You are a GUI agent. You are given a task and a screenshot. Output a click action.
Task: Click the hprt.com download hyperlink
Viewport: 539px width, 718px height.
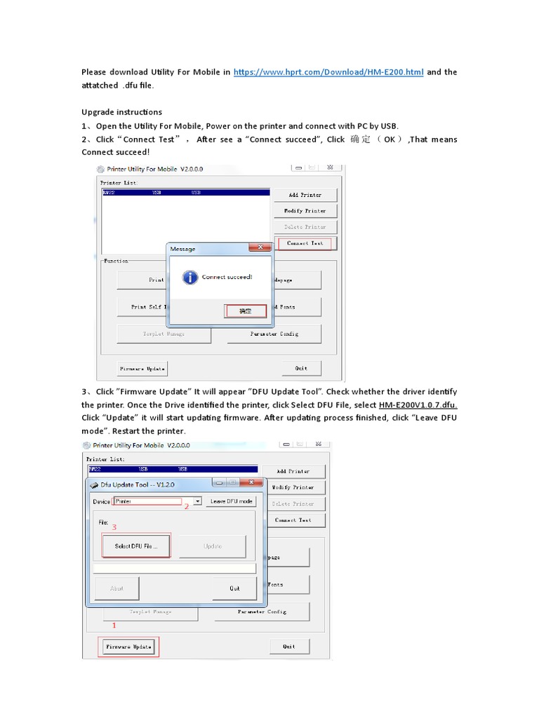[328, 72]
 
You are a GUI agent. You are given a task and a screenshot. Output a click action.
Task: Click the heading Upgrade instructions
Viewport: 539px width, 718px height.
[121, 112]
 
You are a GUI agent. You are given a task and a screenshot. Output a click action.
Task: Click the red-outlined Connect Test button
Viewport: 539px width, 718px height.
[305, 243]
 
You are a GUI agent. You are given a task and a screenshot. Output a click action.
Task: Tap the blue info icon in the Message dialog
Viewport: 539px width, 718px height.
[189, 278]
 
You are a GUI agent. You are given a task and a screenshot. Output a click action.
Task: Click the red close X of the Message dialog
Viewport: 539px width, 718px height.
[261, 248]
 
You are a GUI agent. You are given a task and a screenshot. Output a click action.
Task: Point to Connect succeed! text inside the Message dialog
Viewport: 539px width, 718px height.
[227, 278]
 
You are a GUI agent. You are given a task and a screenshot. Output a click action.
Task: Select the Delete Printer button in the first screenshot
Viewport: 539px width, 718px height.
[305, 227]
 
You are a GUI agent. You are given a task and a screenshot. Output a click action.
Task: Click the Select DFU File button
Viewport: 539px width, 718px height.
[136, 546]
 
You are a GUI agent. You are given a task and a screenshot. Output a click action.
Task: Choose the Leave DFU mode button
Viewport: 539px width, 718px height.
[232, 501]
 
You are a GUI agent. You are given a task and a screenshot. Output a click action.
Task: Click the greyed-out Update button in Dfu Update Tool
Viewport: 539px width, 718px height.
[212, 546]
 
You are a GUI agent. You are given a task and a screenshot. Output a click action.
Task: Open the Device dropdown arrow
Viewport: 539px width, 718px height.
[198, 501]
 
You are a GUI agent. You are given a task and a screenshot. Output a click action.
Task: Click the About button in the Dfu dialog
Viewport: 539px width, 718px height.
[117, 588]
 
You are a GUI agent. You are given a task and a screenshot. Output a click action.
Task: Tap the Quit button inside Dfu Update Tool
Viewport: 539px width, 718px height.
[234, 588]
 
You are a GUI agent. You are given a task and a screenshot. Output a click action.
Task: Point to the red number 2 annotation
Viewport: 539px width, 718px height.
[187, 506]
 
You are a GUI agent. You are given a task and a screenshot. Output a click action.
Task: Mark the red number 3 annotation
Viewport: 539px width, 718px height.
[114, 527]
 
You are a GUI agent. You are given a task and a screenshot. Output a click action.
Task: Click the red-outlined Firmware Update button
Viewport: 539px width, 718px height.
[128, 646]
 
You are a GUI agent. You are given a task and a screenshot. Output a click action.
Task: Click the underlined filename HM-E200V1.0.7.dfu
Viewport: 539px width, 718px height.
[418, 405]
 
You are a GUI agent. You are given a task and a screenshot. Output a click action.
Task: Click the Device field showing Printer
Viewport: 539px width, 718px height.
[148, 501]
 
